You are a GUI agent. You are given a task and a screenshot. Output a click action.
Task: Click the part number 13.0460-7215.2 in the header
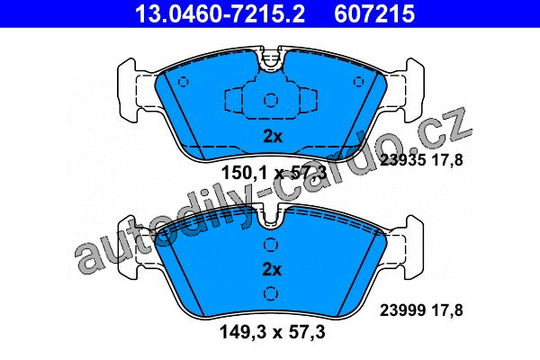point(220,13)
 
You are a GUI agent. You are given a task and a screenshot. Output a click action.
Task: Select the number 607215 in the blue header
point(374,13)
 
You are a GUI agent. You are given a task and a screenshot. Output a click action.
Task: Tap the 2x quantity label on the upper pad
point(273,137)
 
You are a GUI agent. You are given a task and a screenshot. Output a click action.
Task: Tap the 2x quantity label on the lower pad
point(272,269)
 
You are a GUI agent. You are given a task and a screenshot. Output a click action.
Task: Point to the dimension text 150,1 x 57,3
point(273,172)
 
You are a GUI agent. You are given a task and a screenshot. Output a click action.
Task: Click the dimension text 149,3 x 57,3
point(272,332)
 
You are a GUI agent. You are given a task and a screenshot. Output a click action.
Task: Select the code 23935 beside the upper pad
point(403,160)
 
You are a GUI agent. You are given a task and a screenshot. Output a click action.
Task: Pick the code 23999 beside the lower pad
point(403,310)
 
